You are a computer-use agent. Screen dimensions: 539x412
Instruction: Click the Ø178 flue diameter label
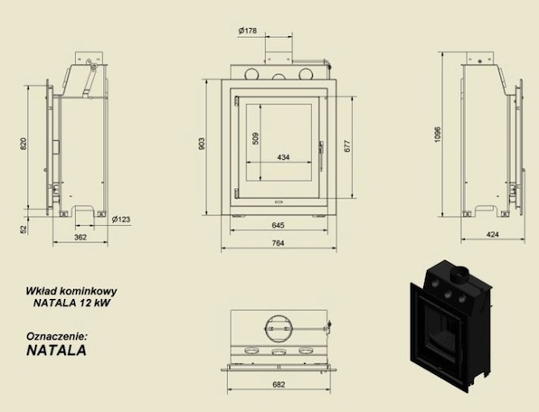tap(248, 31)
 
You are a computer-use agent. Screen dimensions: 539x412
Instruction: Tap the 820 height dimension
tap(24, 144)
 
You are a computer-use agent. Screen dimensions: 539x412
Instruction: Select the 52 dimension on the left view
tap(24, 229)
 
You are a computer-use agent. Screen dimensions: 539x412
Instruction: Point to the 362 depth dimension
tap(80, 237)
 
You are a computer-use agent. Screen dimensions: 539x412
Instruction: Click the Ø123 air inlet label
tap(121, 219)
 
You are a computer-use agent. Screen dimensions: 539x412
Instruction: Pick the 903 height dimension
tap(202, 144)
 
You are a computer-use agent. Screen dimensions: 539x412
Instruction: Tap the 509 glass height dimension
tap(255, 138)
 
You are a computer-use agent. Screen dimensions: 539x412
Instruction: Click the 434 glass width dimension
tap(283, 157)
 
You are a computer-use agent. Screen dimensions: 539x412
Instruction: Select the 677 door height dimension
tap(347, 146)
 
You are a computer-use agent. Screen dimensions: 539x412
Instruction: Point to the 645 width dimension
tap(279, 225)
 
